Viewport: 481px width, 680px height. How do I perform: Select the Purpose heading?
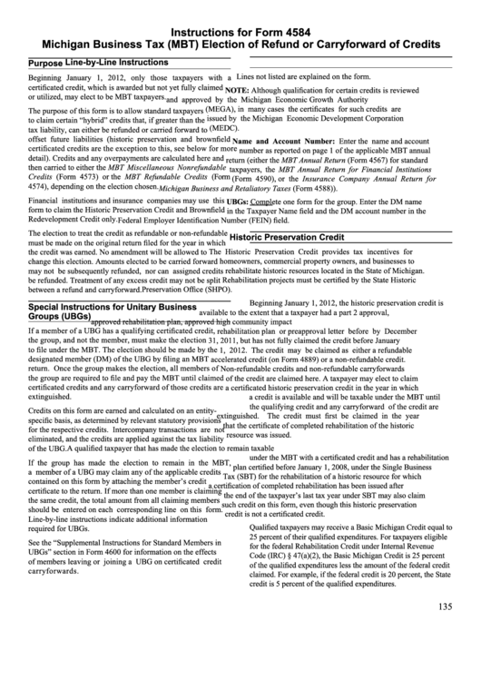(x=45, y=64)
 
